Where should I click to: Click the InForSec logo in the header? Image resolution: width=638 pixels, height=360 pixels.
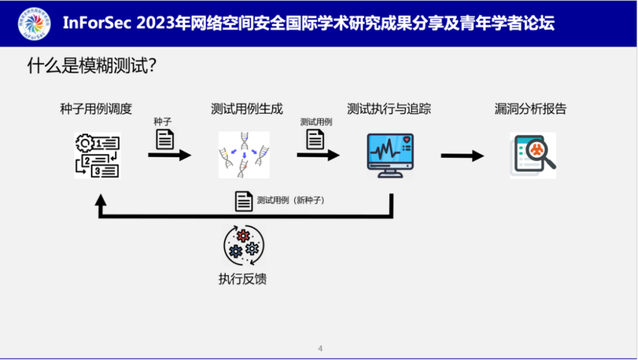coord(34,23)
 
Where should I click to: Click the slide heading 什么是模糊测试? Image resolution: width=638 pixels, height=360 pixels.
coord(92,66)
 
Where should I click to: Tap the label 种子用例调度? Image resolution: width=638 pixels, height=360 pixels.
coord(96,109)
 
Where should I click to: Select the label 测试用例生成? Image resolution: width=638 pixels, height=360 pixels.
coord(247,109)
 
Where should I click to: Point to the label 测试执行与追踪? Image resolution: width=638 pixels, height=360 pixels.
coord(389,109)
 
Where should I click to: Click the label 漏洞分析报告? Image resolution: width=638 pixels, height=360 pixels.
coord(530,109)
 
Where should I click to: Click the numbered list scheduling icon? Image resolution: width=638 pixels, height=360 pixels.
coord(97,155)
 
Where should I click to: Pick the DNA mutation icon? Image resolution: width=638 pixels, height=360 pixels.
coord(244,155)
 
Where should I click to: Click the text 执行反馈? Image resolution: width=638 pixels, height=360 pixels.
coord(243,278)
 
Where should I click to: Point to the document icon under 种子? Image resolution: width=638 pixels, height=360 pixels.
coord(165,139)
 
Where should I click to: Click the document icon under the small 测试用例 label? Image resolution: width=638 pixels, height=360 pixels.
coord(315,139)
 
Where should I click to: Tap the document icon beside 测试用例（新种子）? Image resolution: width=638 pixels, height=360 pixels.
coord(244,201)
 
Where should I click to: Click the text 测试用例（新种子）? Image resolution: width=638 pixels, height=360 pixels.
coord(291,200)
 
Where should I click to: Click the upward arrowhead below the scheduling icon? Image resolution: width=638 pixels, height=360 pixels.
coord(100,200)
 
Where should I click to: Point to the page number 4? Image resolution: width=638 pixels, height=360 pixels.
coord(320,348)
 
